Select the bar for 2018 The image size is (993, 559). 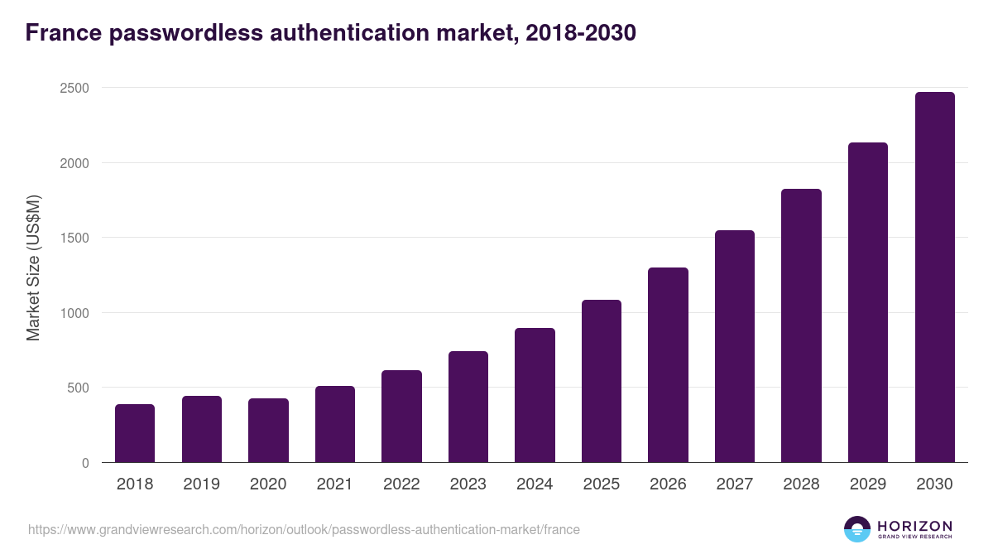135,433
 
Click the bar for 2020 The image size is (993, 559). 268,431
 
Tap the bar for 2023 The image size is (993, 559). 468,407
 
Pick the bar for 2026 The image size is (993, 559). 668,365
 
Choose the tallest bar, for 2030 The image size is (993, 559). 934,277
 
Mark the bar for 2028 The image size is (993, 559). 801,325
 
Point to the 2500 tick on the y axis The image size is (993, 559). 74,88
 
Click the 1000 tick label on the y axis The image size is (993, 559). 74,313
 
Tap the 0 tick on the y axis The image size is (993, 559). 85,463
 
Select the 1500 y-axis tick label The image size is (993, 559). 74,238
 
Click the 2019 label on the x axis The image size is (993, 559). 201,484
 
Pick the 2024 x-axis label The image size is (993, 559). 535,484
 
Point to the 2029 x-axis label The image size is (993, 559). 867,484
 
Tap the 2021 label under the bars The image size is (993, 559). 334,484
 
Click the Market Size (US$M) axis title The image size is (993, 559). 33,267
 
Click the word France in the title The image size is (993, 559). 61,34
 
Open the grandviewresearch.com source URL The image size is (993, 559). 304,529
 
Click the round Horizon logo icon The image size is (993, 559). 856,529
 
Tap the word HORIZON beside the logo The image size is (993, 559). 914,525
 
